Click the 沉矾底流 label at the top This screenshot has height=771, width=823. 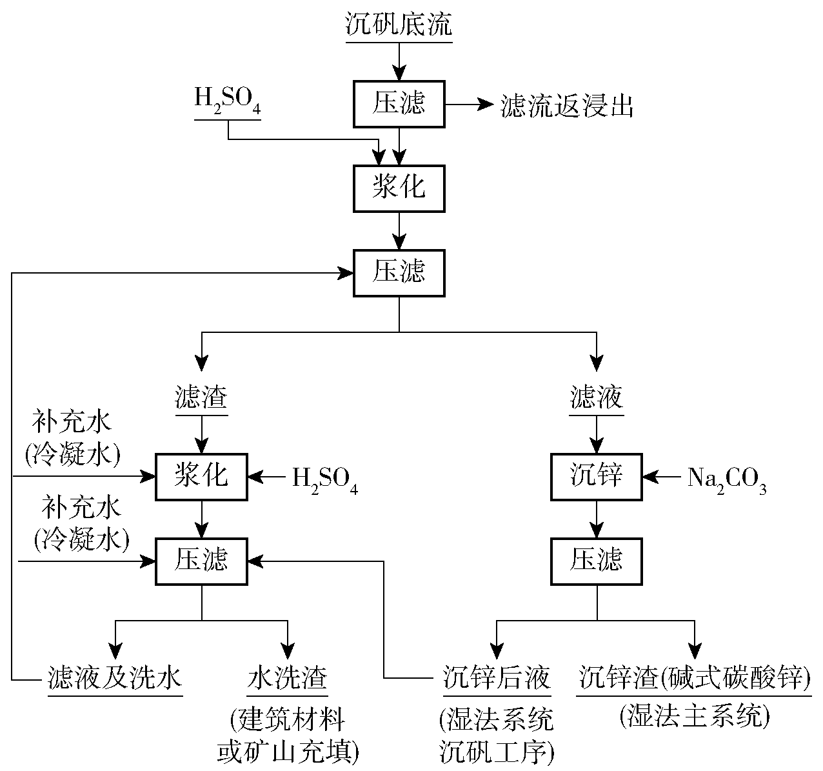(399, 25)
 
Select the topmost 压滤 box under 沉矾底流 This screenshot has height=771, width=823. (399, 104)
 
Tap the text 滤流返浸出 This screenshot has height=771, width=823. (567, 106)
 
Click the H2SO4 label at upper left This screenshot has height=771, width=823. (228, 103)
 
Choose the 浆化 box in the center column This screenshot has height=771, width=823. (399, 188)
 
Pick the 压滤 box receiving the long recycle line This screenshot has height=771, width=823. (399, 273)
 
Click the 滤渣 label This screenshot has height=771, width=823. (201, 397)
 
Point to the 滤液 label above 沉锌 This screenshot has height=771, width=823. (597, 397)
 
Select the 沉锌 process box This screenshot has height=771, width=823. (597, 477)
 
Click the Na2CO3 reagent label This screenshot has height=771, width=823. (726, 478)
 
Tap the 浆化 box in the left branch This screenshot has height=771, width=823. (201, 477)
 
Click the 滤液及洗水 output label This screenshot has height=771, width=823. (115, 679)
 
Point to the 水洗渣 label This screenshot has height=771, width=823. (287, 679)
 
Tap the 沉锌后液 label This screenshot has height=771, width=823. (497, 679)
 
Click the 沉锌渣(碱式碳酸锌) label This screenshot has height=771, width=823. (694, 679)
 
